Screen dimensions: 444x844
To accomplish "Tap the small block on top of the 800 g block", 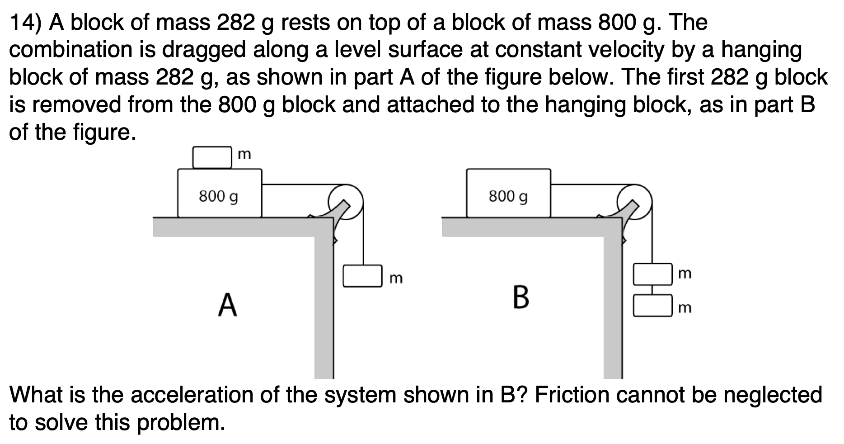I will (x=212, y=157).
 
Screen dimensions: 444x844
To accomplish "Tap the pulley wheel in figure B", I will (x=635, y=202).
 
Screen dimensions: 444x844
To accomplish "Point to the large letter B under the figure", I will (x=521, y=298).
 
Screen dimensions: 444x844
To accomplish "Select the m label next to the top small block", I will (x=244, y=155).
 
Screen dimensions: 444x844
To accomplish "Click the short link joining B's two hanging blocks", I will (x=652, y=290).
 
